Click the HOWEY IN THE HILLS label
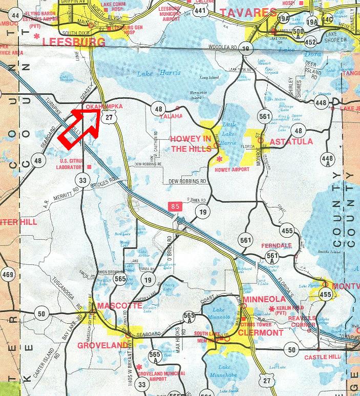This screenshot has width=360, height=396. point(190,144)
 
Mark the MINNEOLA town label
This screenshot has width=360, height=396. point(263,299)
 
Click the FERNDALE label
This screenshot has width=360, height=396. point(277,245)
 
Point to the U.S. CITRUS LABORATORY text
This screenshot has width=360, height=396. point(70,164)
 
